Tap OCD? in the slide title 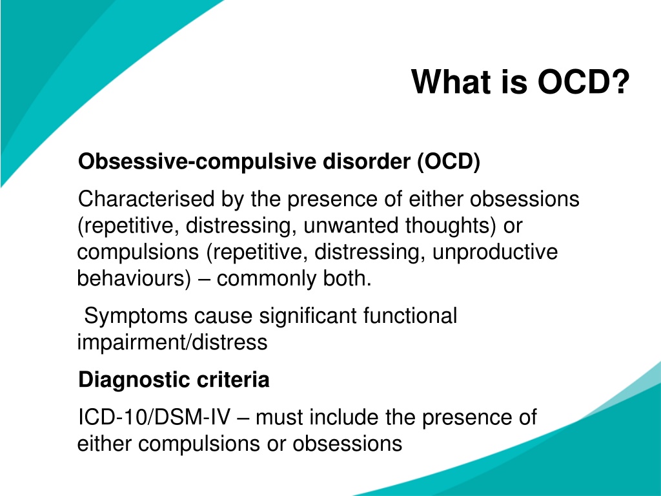[x=584, y=82]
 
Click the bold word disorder [x=367, y=161]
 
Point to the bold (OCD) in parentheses [x=449, y=162]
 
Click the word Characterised [x=146, y=199]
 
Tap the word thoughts [x=451, y=225]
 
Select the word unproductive [x=495, y=253]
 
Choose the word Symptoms [x=136, y=316]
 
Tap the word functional [x=410, y=315]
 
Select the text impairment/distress [x=172, y=342]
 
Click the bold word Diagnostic [x=134, y=380]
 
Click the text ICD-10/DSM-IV [x=154, y=418]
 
